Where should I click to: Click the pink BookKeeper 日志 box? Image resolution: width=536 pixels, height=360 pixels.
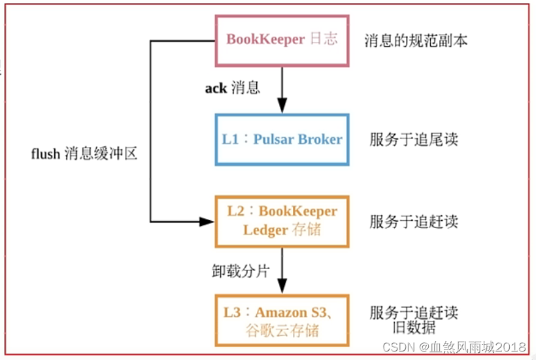pyautogui.click(x=282, y=40)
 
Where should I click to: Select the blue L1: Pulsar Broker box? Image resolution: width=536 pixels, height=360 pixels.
pyautogui.click(x=282, y=139)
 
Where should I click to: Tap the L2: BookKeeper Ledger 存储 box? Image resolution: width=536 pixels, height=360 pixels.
pyautogui.click(x=282, y=221)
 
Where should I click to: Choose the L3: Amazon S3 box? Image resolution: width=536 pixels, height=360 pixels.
pyautogui.click(x=282, y=320)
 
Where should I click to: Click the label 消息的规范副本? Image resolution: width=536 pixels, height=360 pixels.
pyautogui.click(x=416, y=41)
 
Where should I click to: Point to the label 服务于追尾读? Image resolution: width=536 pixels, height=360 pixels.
pyautogui.click(x=414, y=139)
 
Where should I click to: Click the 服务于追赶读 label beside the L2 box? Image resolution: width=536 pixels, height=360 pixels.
pyautogui.click(x=414, y=221)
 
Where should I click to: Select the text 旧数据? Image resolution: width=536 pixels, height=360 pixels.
pyautogui.click(x=414, y=327)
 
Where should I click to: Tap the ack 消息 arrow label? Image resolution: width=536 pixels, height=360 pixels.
pyautogui.click(x=232, y=88)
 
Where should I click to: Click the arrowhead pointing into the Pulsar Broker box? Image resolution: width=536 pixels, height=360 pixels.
pyautogui.click(x=282, y=106)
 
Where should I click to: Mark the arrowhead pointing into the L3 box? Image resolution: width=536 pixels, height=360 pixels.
pyautogui.click(x=282, y=287)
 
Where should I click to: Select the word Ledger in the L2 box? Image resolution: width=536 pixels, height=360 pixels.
pyautogui.click(x=265, y=230)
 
